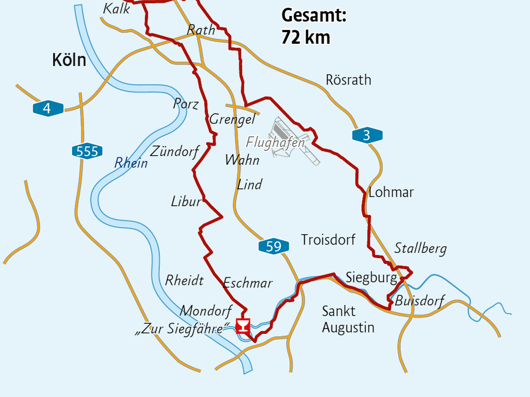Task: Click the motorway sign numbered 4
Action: click(48, 108)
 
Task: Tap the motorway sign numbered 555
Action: click(87, 151)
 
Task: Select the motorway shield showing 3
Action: click(367, 135)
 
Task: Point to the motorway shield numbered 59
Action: click(273, 246)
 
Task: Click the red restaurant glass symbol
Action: click(243, 326)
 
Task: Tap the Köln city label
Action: click(69, 60)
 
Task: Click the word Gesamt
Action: click(314, 15)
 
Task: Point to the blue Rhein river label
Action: click(131, 163)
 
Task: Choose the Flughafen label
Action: click(275, 142)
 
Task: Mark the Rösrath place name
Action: click(348, 80)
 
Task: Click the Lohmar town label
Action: click(391, 192)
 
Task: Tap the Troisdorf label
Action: click(328, 240)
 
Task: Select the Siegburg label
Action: click(371, 278)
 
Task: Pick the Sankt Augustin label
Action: click(348, 319)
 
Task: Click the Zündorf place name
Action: click(174, 151)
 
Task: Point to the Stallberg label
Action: click(420, 248)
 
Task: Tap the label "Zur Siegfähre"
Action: click(182, 329)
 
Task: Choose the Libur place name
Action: click(186, 201)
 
